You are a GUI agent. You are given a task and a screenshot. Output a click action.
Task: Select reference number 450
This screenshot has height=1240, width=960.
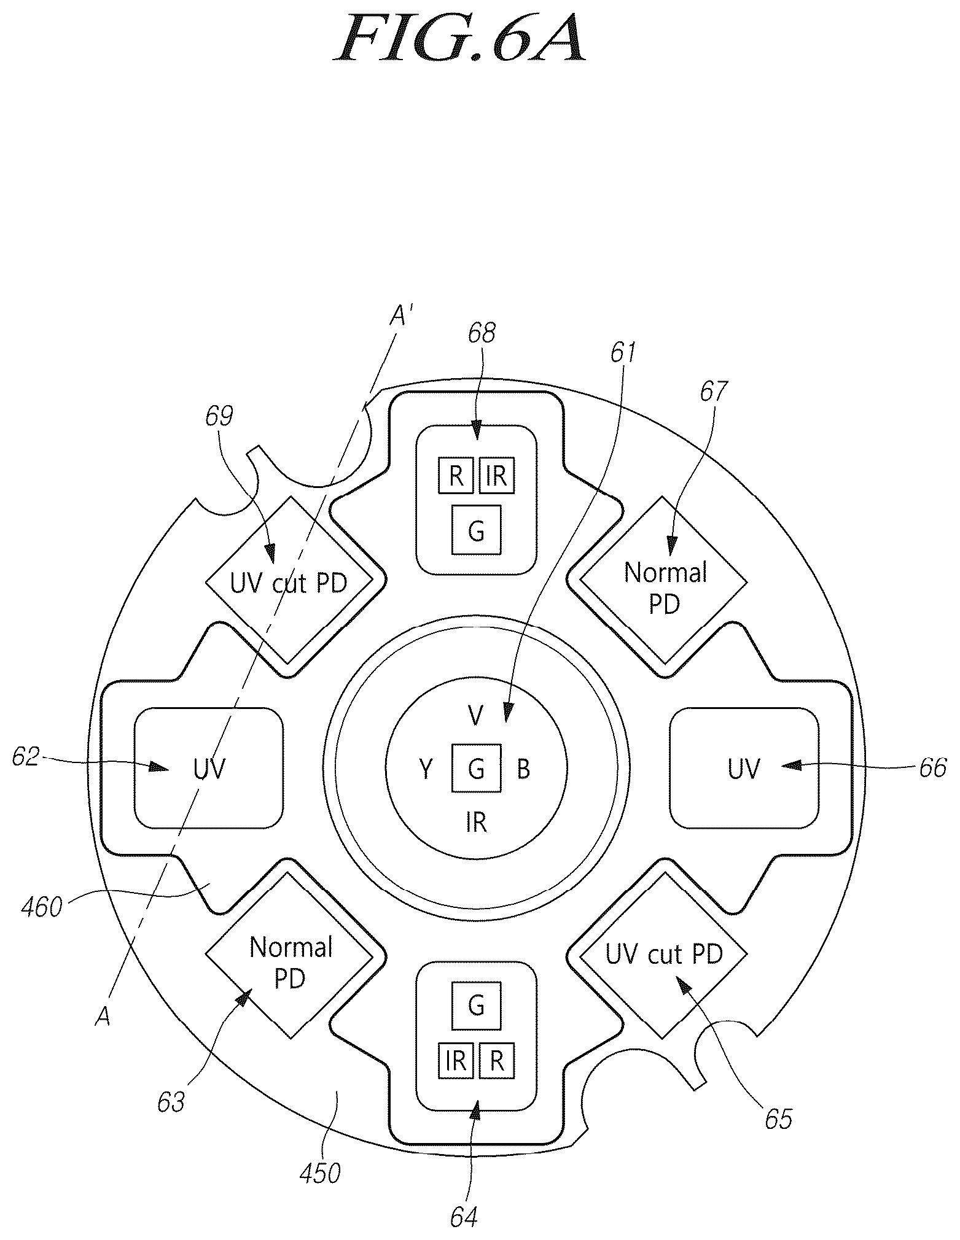(x=319, y=1173)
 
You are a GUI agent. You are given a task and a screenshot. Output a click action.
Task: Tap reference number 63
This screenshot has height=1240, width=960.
(x=170, y=1102)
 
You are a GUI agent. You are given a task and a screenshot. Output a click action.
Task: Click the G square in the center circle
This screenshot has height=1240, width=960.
(x=476, y=768)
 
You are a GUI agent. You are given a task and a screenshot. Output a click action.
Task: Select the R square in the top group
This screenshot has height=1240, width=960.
(x=456, y=476)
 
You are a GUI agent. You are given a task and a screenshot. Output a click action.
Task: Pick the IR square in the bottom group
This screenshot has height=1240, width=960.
(x=456, y=1060)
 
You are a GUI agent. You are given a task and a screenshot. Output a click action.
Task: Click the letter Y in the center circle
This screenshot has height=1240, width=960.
(x=426, y=769)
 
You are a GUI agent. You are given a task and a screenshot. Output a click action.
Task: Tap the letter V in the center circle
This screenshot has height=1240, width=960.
(x=475, y=715)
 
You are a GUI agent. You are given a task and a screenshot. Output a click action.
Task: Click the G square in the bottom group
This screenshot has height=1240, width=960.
(x=476, y=1006)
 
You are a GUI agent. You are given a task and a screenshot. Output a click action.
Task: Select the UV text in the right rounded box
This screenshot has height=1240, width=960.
(x=744, y=768)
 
